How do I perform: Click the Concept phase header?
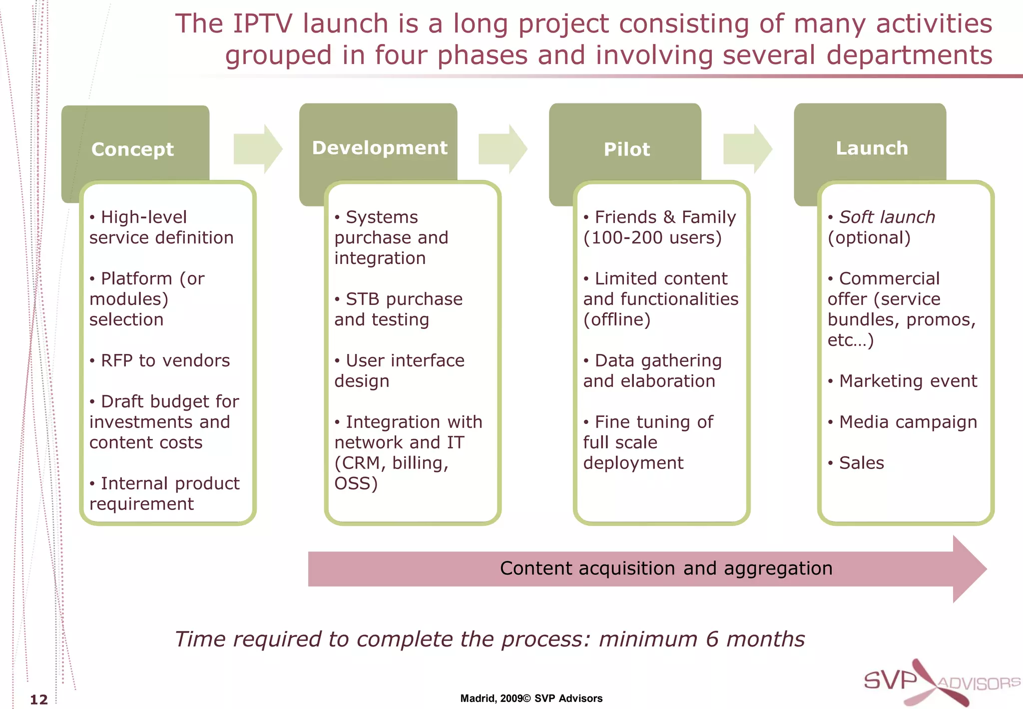click(133, 149)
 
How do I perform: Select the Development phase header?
click(380, 147)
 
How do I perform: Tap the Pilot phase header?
click(627, 149)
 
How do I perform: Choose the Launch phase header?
click(872, 148)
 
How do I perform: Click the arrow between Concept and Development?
click(258, 149)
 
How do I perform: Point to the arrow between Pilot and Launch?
click(747, 149)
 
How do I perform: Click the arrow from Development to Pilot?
click(503, 149)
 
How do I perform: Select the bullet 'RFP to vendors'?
click(165, 360)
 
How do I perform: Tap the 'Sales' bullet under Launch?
click(861, 463)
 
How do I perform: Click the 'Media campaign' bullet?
click(908, 422)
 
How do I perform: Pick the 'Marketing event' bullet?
click(908, 381)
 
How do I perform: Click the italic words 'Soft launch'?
click(887, 217)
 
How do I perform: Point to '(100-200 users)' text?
click(652, 237)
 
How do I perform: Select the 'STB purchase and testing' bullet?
click(398, 309)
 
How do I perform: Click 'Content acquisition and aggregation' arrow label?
click(666, 568)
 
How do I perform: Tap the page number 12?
click(39, 699)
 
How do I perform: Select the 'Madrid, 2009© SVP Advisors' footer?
click(531, 698)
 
